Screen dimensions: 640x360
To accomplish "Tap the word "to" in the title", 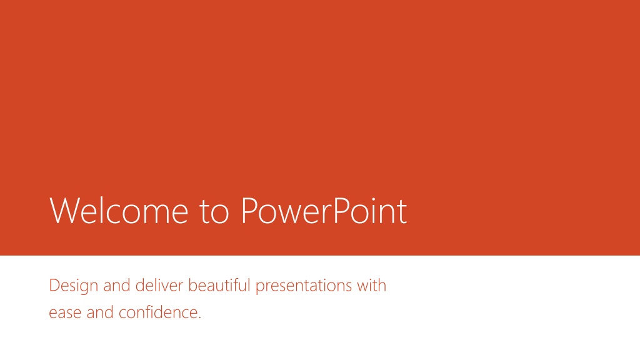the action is [214, 212].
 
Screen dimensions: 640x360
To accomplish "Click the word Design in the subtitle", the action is [74, 286].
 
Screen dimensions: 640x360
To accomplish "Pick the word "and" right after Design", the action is [117, 285].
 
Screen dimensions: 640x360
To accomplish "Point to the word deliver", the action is [159, 285].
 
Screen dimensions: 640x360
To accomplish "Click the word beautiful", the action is [219, 285].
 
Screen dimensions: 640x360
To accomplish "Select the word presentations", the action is [304, 286].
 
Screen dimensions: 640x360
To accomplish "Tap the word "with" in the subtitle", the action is [371, 285].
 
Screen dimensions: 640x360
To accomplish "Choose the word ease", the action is [65, 312].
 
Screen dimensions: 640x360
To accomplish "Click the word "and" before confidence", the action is [100, 312].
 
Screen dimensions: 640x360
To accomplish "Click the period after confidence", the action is [199, 317].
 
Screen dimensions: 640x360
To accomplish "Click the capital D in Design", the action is [54, 285].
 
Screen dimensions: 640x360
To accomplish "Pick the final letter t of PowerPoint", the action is [402, 212].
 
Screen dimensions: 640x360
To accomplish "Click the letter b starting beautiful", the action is [192, 285].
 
